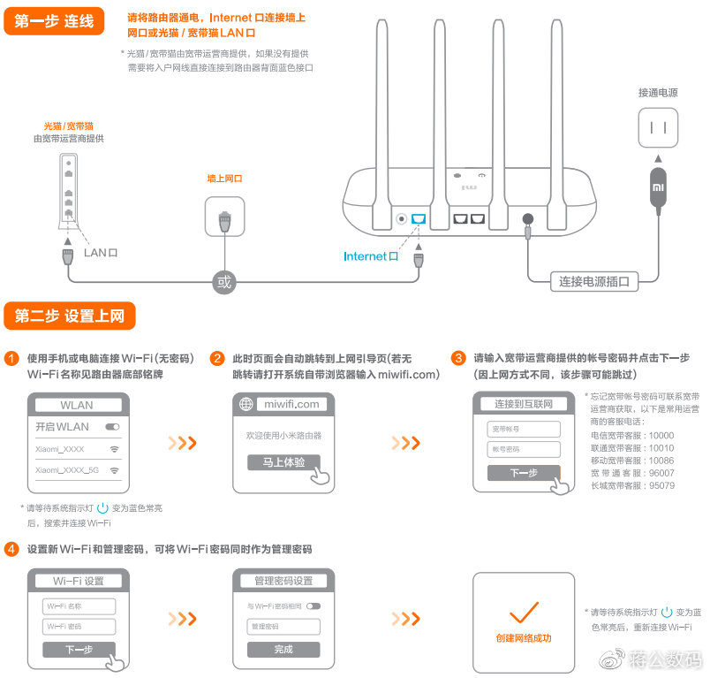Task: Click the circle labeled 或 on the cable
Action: (x=224, y=282)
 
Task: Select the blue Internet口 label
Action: (x=371, y=256)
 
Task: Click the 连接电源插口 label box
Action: (x=594, y=282)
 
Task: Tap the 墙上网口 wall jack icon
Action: (x=225, y=216)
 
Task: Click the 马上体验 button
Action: (x=283, y=462)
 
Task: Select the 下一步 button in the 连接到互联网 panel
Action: (x=524, y=473)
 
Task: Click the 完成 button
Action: (x=283, y=649)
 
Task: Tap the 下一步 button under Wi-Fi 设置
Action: (x=79, y=650)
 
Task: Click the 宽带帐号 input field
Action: (x=524, y=429)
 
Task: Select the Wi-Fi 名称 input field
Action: (x=79, y=606)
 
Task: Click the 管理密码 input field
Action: (x=283, y=627)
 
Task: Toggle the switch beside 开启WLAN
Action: (x=112, y=427)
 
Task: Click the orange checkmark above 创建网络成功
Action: (x=524, y=611)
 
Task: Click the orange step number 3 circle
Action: (x=458, y=358)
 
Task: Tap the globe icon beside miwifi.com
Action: (x=247, y=404)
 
